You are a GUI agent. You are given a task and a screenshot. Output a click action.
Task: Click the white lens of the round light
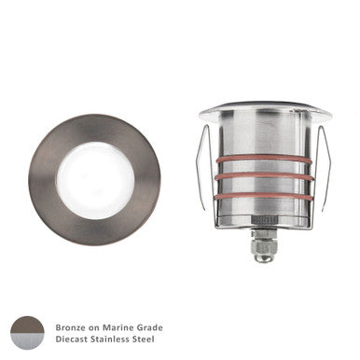(x=93, y=179)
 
